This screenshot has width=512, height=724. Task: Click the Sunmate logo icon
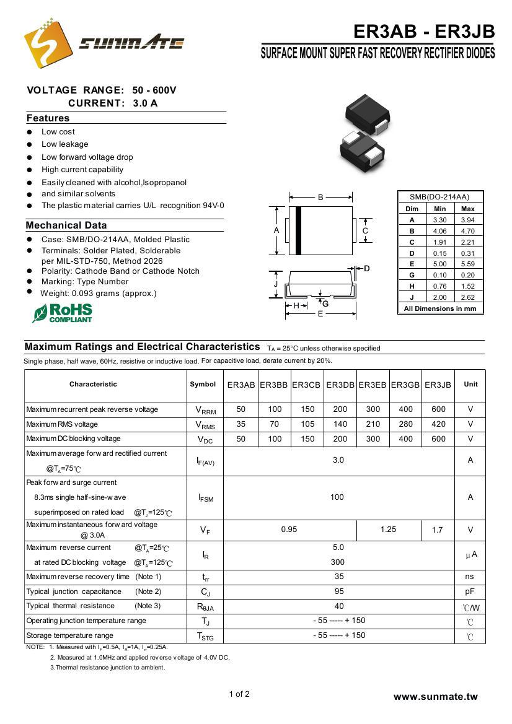46,42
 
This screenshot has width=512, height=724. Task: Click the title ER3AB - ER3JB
424,32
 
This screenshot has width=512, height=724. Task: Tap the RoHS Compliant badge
63,313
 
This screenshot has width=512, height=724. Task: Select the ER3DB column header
340,385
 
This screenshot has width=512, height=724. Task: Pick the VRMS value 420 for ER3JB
438,424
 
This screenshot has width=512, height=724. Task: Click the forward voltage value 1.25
388,530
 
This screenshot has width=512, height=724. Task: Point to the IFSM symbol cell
205,497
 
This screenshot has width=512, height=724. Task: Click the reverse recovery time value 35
338,577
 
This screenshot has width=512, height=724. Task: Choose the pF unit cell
470,591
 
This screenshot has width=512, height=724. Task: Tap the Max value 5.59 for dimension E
468,264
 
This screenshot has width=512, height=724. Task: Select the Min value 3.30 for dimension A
439,220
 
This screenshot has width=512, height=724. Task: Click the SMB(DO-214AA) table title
439,197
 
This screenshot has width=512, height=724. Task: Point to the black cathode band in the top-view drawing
298,230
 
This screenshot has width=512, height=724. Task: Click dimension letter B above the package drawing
320,198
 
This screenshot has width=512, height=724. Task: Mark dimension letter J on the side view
276,284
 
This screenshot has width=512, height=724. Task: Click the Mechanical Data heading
66,225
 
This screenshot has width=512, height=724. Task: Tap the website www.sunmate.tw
435,697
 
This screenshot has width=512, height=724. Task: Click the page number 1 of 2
239,694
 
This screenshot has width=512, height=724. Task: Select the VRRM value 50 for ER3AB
241,409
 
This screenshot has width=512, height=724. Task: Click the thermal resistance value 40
338,606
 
